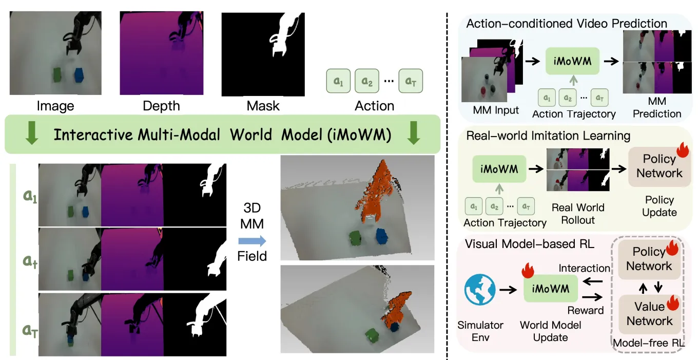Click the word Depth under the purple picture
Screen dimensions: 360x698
[161, 106]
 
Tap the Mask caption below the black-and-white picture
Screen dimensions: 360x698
[263, 106]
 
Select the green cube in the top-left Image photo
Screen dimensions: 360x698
[57, 75]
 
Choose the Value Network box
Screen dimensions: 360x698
[649, 314]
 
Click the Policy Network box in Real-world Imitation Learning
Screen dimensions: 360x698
[660, 165]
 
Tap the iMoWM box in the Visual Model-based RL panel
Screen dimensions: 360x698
[551, 289]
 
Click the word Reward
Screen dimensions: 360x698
[585, 310]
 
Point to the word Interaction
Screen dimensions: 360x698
[584, 269]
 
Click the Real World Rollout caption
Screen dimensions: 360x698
[578, 214]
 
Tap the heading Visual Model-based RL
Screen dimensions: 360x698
[530, 244]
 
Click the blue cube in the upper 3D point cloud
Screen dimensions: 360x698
[381, 236]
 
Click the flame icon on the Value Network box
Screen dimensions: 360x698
[672, 306]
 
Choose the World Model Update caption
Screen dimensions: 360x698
[551, 331]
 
